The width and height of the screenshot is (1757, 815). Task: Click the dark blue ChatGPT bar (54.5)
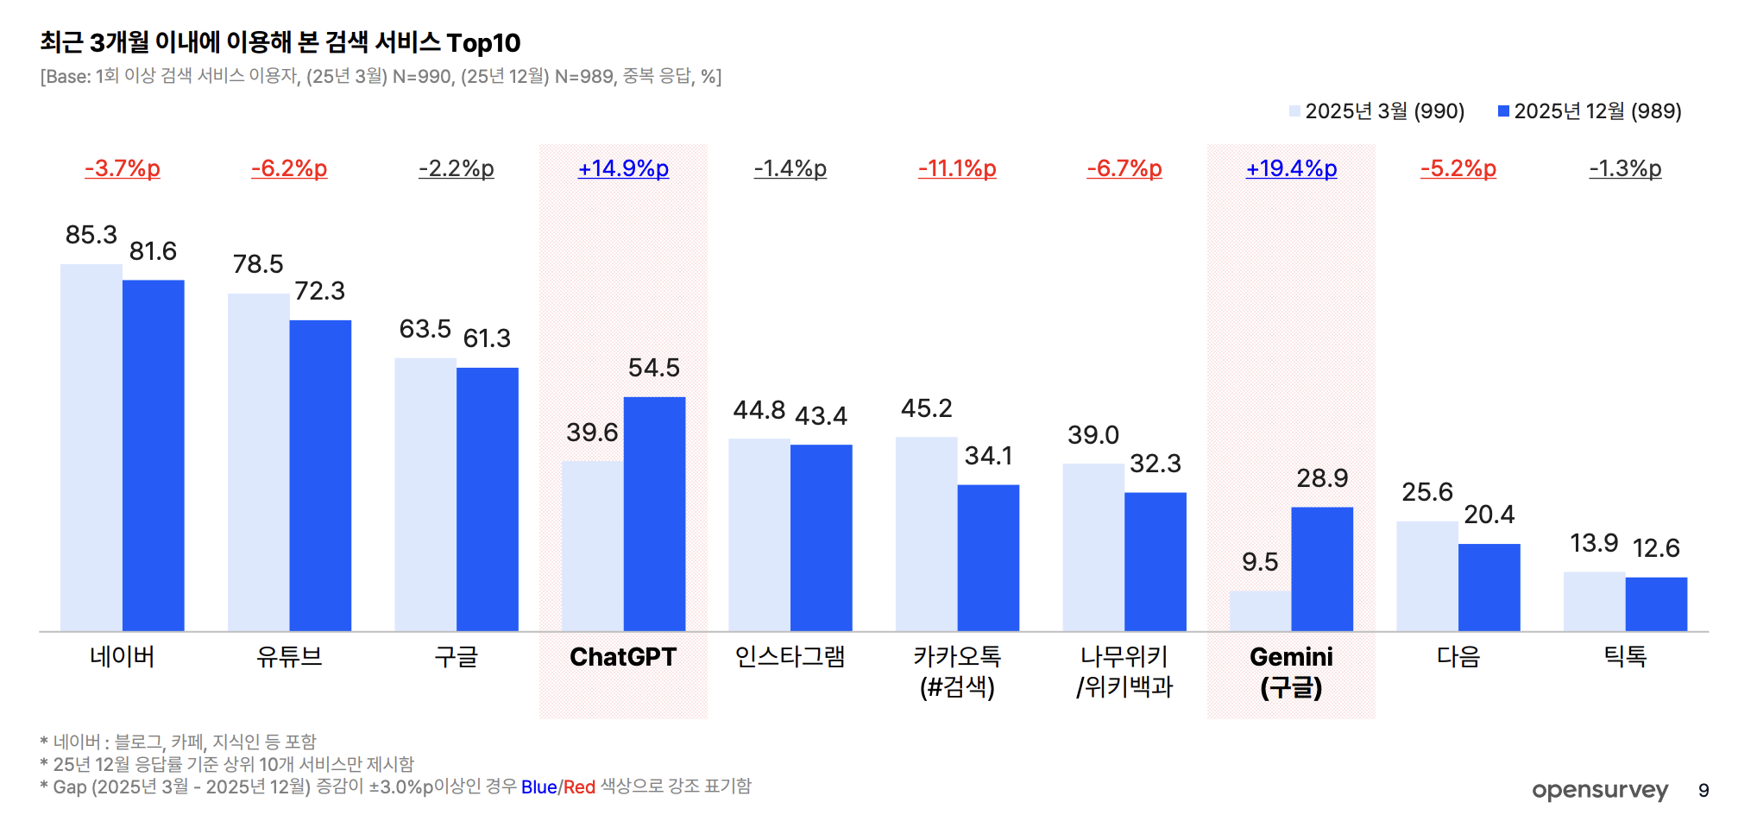point(654,514)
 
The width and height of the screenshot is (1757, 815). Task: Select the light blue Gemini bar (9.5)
point(1260,611)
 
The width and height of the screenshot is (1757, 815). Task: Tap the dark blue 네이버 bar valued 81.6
point(153,455)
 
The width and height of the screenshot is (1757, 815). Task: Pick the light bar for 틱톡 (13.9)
point(1594,601)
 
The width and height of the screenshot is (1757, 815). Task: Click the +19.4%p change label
point(1291,168)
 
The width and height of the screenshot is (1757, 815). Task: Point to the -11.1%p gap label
point(957,168)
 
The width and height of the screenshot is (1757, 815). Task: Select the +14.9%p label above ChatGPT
point(623,168)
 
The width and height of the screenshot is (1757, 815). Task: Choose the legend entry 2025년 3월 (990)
point(1383,111)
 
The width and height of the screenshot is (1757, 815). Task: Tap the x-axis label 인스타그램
point(790,657)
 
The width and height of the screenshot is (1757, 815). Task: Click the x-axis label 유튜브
point(289,657)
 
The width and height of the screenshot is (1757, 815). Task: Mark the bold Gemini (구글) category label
point(1291,672)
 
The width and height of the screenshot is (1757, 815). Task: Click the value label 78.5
point(258,264)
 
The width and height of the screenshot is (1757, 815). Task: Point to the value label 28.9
point(1322,478)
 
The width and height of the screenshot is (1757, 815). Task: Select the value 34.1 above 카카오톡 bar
point(988,456)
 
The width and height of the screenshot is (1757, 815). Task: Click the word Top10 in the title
point(483,43)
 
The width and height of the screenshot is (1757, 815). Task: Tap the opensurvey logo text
point(1599,790)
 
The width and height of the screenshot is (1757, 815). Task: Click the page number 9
point(1703,791)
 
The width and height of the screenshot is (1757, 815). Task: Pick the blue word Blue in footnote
point(538,787)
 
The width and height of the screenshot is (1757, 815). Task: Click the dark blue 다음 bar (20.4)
point(1489,587)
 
